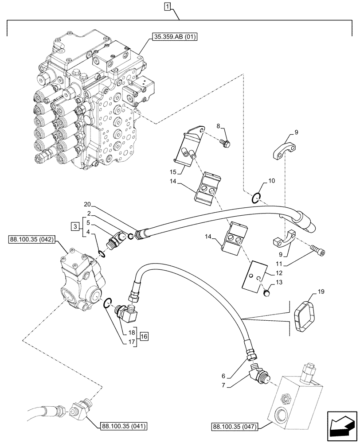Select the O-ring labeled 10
click(255, 198)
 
